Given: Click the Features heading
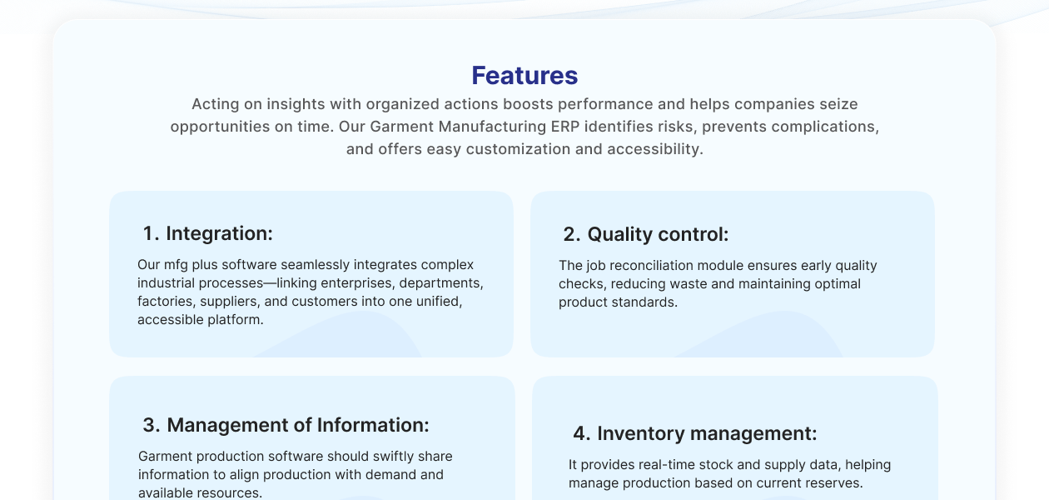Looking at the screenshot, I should [524, 76].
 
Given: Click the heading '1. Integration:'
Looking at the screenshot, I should [207, 233].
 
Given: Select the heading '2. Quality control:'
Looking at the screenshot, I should [645, 235].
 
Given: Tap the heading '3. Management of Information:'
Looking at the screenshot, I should [286, 425].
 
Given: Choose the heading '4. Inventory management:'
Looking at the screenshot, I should [694, 433].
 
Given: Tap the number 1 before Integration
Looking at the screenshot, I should [150, 233].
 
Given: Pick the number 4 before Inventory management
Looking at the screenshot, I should [581, 433].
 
